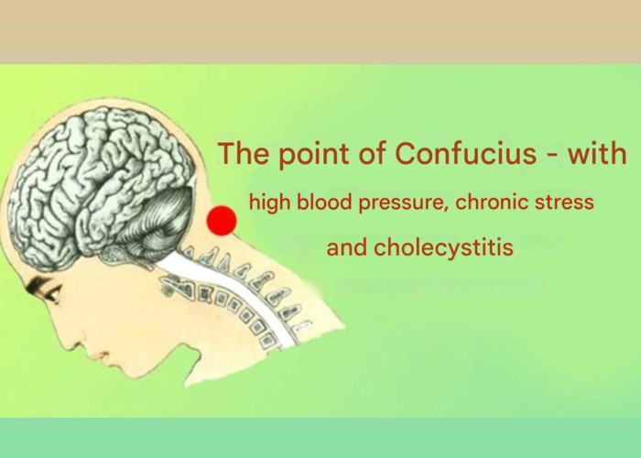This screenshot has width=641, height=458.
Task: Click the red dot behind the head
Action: pos(222,221)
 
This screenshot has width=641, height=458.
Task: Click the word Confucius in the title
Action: pos(465,153)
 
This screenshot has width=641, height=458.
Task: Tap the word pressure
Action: pos(403,202)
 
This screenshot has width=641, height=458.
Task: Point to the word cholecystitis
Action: pos(443,248)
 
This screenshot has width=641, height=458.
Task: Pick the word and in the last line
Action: pos(347,247)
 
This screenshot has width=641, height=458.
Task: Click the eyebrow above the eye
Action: pos(38,283)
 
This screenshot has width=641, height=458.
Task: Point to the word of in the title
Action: pos(373,153)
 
